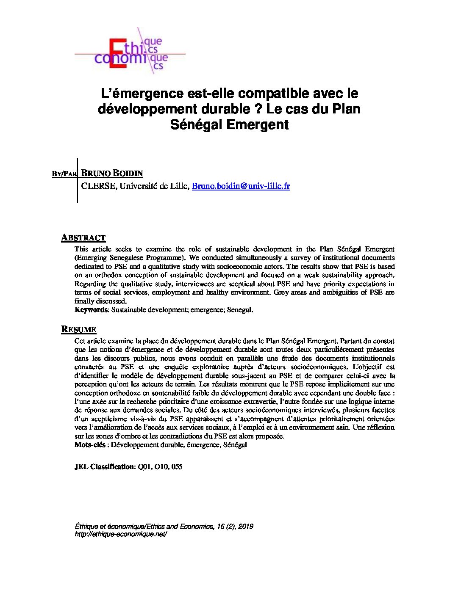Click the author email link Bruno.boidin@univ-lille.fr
pos(241,186)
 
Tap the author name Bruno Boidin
pos(111,173)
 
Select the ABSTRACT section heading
pos(83,237)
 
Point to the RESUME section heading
pos(79,329)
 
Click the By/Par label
pos(64,174)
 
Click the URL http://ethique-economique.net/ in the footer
pos(121,534)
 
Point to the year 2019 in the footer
pos(246,527)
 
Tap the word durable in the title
pos(226,109)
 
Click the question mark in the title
pos(258,109)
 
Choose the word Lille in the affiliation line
pos(178,186)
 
